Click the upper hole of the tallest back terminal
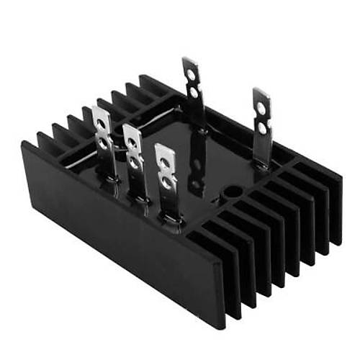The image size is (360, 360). [192, 73]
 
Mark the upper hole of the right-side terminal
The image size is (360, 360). [261, 108]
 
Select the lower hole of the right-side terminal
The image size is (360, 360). [261, 127]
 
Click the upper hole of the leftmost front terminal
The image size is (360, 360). [102, 125]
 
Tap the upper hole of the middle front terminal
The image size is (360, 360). [132, 143]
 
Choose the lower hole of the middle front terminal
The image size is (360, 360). [133, 163]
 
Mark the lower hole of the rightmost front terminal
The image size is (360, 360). [166, 183]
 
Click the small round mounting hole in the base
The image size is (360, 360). [231, 191]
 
